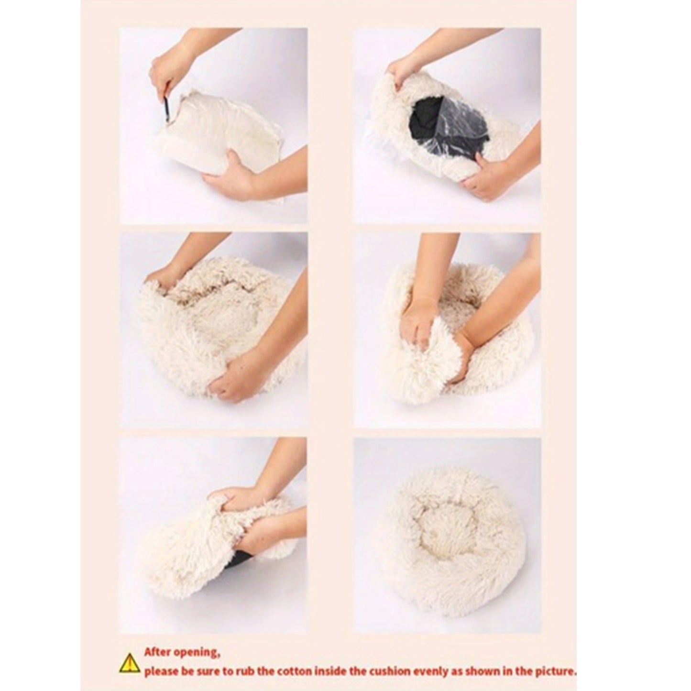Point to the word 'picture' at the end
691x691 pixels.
554,671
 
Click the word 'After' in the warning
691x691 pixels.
158,652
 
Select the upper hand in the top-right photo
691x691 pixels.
402,72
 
